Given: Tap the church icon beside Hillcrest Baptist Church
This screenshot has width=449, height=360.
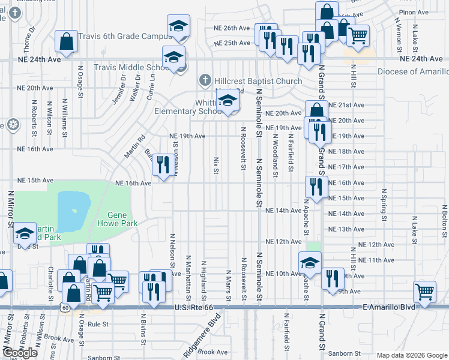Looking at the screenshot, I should pyautogui.click(x=205, y=80).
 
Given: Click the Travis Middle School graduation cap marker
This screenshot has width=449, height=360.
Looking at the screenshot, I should pyautogui.click(x=174, y=57).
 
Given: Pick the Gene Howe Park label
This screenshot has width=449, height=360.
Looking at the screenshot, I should pyautogui.click(x=122, y=219).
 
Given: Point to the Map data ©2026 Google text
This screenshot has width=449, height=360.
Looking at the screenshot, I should pyautogui.click(x=412, y=355).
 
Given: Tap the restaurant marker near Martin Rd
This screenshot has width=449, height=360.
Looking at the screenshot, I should pyautogui.click(x=163, y=164).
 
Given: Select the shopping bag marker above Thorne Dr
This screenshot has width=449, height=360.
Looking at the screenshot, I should pyautogui.click(x=66, y=41).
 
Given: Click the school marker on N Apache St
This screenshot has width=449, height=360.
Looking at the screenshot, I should pyautogui.click(x=310, y=262).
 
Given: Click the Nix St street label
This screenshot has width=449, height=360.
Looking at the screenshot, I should pyautogui.click(x=215, y=166).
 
